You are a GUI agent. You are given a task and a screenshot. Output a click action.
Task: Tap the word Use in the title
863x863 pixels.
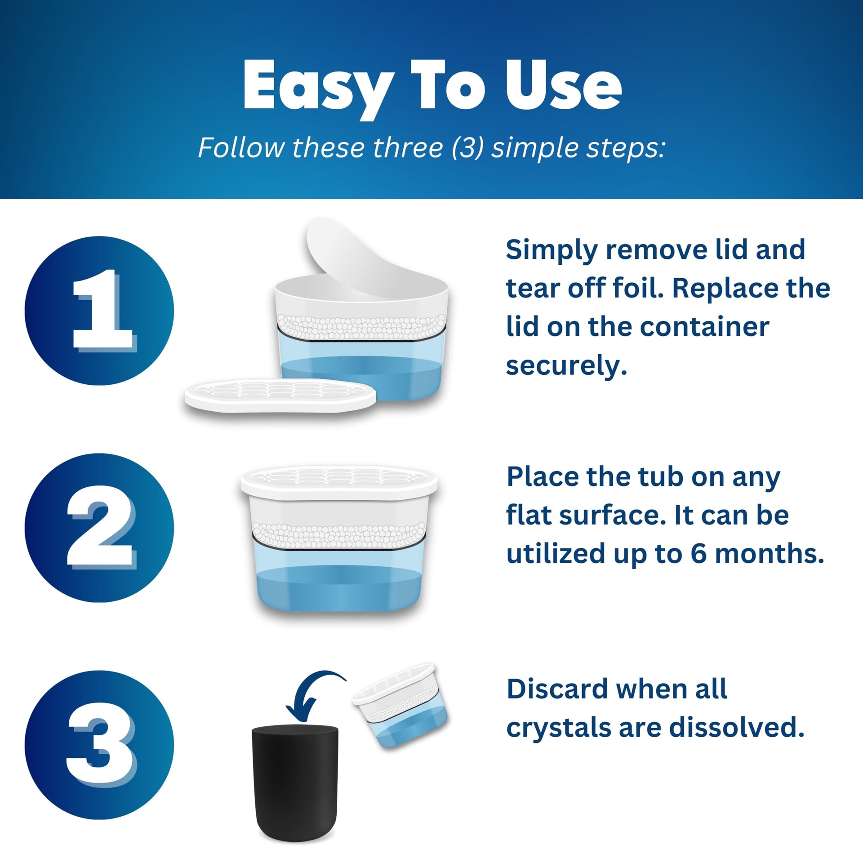tap(564, 85)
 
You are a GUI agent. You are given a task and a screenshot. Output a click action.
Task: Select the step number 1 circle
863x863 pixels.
tap(99, 311)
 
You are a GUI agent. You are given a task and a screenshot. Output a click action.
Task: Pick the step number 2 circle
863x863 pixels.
tap(99, 528)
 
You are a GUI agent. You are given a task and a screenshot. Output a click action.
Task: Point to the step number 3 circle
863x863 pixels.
tap(99, 745)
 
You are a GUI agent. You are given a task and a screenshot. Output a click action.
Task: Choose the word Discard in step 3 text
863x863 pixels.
tap(556, 689)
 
